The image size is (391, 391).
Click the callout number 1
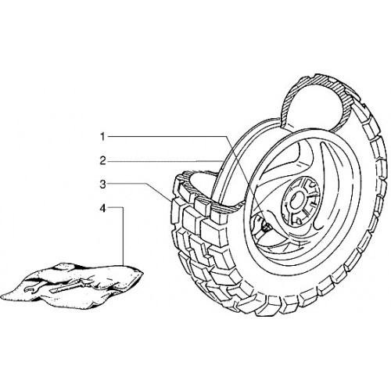[102, 137]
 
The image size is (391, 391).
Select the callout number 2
[103, 161]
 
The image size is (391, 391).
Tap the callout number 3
[103, 185]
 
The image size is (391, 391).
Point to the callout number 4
[103, 208]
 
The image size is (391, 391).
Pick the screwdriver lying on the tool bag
[68, 285]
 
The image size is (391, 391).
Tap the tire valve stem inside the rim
[266, 226]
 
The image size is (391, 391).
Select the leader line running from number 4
[123, 236]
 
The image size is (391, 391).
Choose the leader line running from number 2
[164, 161]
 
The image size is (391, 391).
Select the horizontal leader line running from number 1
[167, 136]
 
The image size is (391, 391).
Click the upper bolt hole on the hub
[311, 185]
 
